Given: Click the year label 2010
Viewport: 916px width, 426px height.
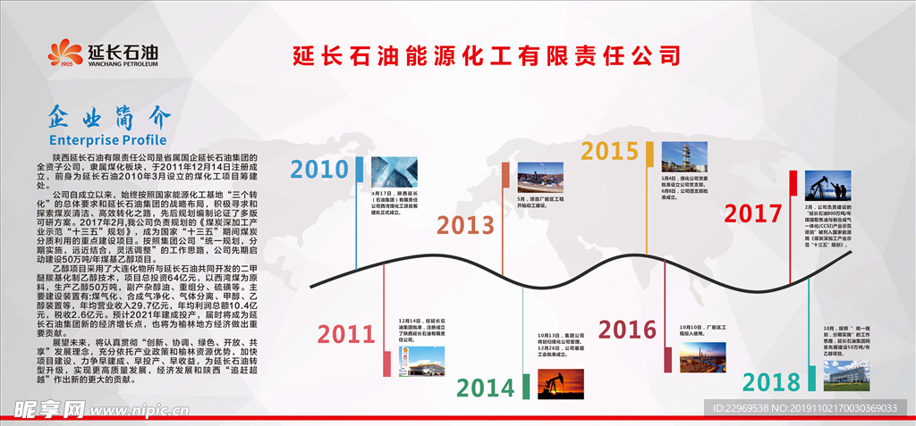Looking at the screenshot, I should (x=319, y=171).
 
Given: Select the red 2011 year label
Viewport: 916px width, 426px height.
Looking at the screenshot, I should (x=345, y=334).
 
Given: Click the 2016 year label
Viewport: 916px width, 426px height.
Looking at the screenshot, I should (x=627, y=330).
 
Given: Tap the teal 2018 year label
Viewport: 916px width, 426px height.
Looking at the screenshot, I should (x=770, y=383).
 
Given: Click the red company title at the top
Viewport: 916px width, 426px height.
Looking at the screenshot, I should (x=487, y=55).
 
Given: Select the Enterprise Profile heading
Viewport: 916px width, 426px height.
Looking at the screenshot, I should (x=107, y=140).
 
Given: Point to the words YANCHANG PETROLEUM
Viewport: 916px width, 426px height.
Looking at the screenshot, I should (x=123, y=64).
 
